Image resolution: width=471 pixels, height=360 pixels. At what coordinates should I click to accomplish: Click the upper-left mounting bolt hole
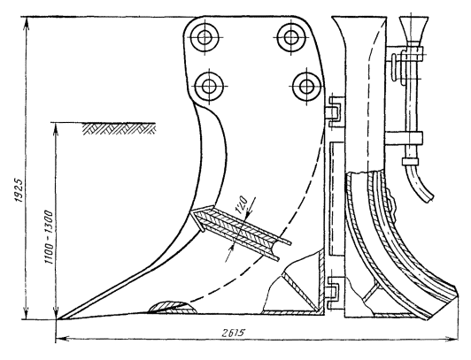click(205, 37)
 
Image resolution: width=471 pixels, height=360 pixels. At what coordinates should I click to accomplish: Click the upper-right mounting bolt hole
click(290, 37)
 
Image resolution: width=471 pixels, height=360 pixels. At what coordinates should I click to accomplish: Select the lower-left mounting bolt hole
click(209, 87)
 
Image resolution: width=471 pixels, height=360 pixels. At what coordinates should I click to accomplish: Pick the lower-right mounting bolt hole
click(306, 87)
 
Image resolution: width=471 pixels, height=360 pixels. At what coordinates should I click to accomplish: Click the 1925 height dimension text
click(19, 191)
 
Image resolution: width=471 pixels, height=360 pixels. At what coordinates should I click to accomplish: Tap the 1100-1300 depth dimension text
click(49, 237)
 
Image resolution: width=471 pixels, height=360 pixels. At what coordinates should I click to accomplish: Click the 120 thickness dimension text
click(241, 205)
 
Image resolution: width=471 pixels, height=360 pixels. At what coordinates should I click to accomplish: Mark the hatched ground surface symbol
click(120, 128)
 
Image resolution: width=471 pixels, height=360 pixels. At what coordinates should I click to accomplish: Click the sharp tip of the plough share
click(58, 319)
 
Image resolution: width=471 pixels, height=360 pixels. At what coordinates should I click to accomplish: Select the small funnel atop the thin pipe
click(413, 29)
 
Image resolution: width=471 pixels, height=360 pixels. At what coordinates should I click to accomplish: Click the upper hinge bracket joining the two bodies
click(336, 112)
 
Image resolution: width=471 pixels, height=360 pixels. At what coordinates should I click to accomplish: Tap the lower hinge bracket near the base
click(336, 293)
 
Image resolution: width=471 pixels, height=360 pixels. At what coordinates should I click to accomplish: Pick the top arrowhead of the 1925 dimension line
click(27, 21)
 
